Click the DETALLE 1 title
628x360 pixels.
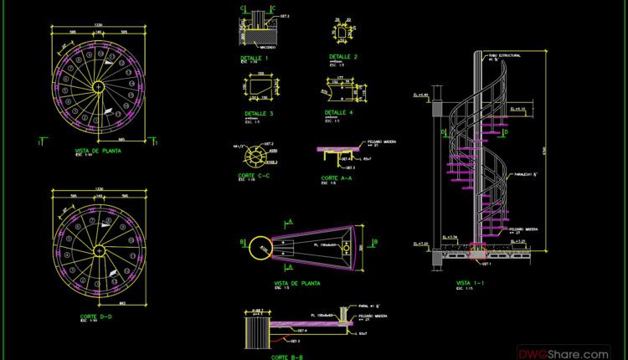[255, 58]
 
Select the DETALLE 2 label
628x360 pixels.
[343, 57]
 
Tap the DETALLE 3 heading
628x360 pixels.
[259, 112]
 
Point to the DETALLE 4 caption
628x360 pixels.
[338, 111]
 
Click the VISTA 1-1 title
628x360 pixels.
[470, 283]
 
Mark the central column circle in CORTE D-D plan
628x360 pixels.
[98, 249]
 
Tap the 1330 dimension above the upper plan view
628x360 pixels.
[98, 25]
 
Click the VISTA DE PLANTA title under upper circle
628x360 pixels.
[98, 151]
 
